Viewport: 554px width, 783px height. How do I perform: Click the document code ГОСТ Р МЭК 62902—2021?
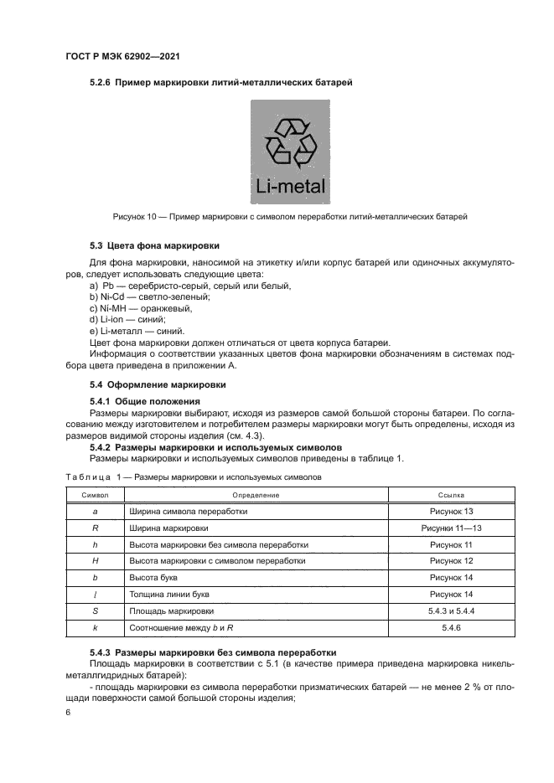pos(123,56)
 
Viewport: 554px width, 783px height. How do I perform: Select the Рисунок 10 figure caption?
pos(289,217)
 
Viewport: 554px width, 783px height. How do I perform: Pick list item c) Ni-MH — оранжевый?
pos(141,308)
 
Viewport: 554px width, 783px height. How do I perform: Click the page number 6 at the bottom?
pos(68,712)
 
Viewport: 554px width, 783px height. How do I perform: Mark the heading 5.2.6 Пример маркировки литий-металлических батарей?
pos(220,83)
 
